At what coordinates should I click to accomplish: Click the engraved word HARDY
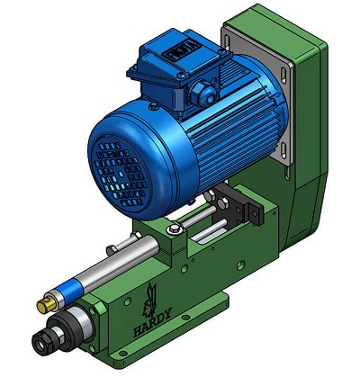click(152, 322)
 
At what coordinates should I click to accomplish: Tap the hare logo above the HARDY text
click(150, 299)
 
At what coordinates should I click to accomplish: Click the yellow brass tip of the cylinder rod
click(47, 305)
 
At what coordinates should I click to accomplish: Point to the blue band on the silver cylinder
click(71, 291)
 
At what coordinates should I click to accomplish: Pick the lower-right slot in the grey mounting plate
click(283, 150)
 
